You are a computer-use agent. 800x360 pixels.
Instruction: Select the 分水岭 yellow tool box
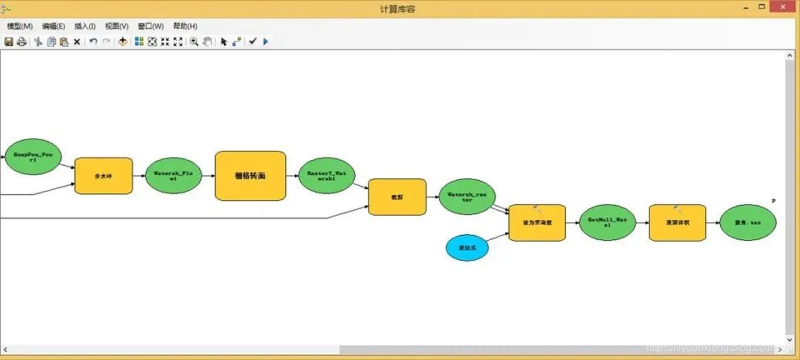[104, 176]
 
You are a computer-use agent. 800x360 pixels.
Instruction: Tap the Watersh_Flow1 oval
[173, 176]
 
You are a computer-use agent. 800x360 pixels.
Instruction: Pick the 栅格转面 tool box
[250, 176]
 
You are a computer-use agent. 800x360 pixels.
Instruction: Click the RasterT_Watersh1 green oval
[327, 176]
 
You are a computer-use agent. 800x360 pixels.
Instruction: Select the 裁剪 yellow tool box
[397, 197]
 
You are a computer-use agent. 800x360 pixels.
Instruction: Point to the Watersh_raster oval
[467, 197]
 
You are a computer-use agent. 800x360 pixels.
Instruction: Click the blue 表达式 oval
[467, 248]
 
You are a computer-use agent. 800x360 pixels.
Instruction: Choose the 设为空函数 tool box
[537, 222]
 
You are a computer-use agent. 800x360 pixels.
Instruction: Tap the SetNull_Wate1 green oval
[607, 222]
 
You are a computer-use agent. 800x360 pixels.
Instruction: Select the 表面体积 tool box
[677, 222]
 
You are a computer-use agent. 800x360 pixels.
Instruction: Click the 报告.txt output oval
[747, 222]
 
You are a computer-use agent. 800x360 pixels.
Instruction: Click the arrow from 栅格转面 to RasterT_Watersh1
[292, 176]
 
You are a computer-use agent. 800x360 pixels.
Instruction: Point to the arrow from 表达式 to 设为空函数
[498, 238]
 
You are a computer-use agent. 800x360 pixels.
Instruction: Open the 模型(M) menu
[19, 26]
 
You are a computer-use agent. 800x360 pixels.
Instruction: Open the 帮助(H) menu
[185, 26]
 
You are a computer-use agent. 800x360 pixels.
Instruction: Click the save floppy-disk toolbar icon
[8, 41]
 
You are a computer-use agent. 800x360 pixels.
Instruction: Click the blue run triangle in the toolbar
[266, 41]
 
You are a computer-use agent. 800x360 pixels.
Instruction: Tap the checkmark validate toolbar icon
[253, 41]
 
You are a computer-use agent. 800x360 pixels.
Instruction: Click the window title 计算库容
[399, 8]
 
